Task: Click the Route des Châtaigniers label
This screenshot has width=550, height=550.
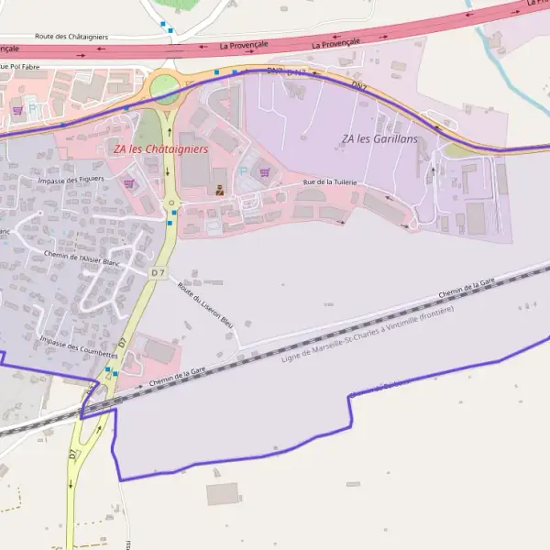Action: [x=71, y=37]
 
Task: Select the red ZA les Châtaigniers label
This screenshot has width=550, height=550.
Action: [x=160, y=148]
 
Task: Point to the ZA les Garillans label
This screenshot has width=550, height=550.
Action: [x=379, y=138]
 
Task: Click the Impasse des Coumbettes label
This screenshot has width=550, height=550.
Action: [x=79, y=347]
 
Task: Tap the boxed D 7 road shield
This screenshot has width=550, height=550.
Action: [x=158, y=273]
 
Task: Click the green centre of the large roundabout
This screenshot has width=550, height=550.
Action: [x=165, y=89]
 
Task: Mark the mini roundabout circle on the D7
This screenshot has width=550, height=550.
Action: [x=170, y=203]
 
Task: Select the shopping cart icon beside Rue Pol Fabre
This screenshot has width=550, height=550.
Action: [x=16, y=110]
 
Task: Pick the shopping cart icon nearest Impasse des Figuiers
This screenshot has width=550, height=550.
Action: [x=127, y=182]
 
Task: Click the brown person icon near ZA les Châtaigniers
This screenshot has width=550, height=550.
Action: [x=218, y=191]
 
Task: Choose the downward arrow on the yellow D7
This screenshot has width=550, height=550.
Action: [x=168, y=172]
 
